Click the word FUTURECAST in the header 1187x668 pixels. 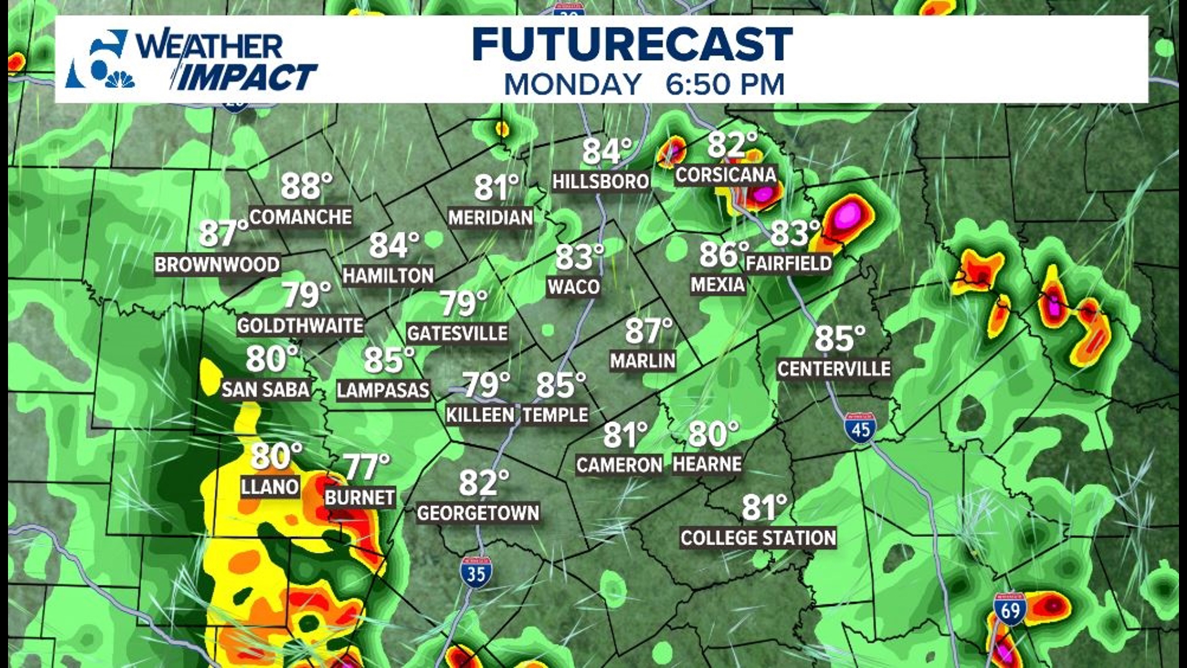632,45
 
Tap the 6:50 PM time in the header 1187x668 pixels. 725,85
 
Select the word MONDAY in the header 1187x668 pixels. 572,85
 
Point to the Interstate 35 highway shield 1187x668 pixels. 475,573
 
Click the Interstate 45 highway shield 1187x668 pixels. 860,428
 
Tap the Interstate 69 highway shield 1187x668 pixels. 1010,610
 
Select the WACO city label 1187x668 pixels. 574,287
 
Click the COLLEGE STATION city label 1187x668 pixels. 758,538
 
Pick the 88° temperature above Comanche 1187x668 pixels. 306,186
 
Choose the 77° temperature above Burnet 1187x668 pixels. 366,467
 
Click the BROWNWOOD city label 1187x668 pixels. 217,265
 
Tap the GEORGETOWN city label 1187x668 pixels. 478,513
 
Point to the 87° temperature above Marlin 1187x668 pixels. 648,331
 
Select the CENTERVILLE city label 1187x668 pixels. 833,369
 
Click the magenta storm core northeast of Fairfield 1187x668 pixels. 848,215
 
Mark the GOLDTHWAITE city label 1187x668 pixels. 300,325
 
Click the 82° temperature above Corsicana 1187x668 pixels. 732,145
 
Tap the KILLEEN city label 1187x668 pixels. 480,414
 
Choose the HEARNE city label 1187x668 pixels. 707,464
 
